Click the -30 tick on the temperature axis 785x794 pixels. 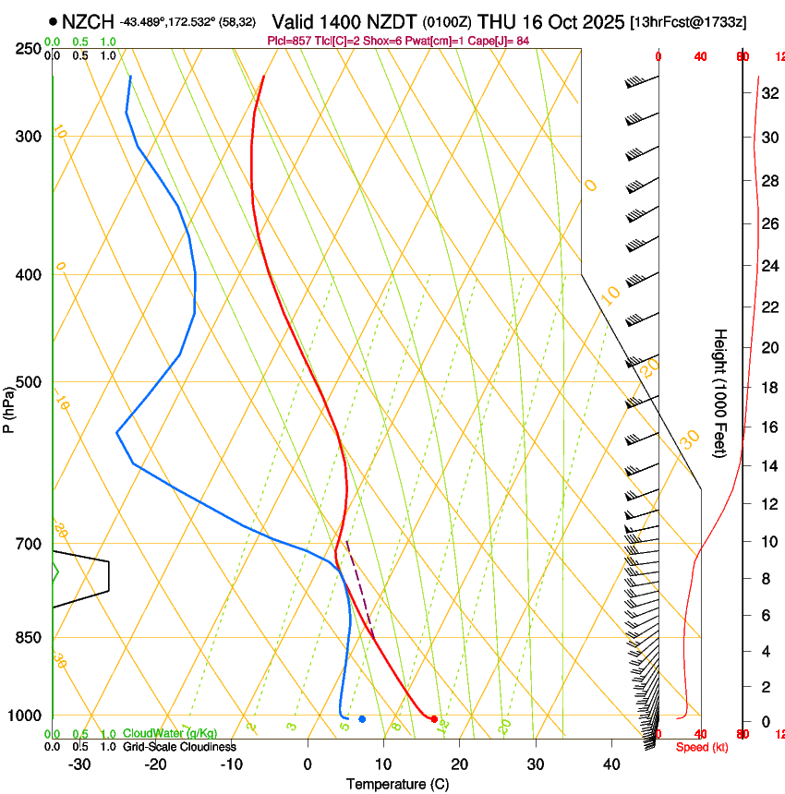[79, 764]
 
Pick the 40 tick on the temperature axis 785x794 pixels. [610, 764]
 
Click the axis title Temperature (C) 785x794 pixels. [397, 784]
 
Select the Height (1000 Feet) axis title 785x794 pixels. [720, 393]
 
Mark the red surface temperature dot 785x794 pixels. [434, 718]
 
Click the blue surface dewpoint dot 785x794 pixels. [362, 718]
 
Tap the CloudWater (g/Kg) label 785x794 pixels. [170, 734]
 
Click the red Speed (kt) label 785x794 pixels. [701, 747]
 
